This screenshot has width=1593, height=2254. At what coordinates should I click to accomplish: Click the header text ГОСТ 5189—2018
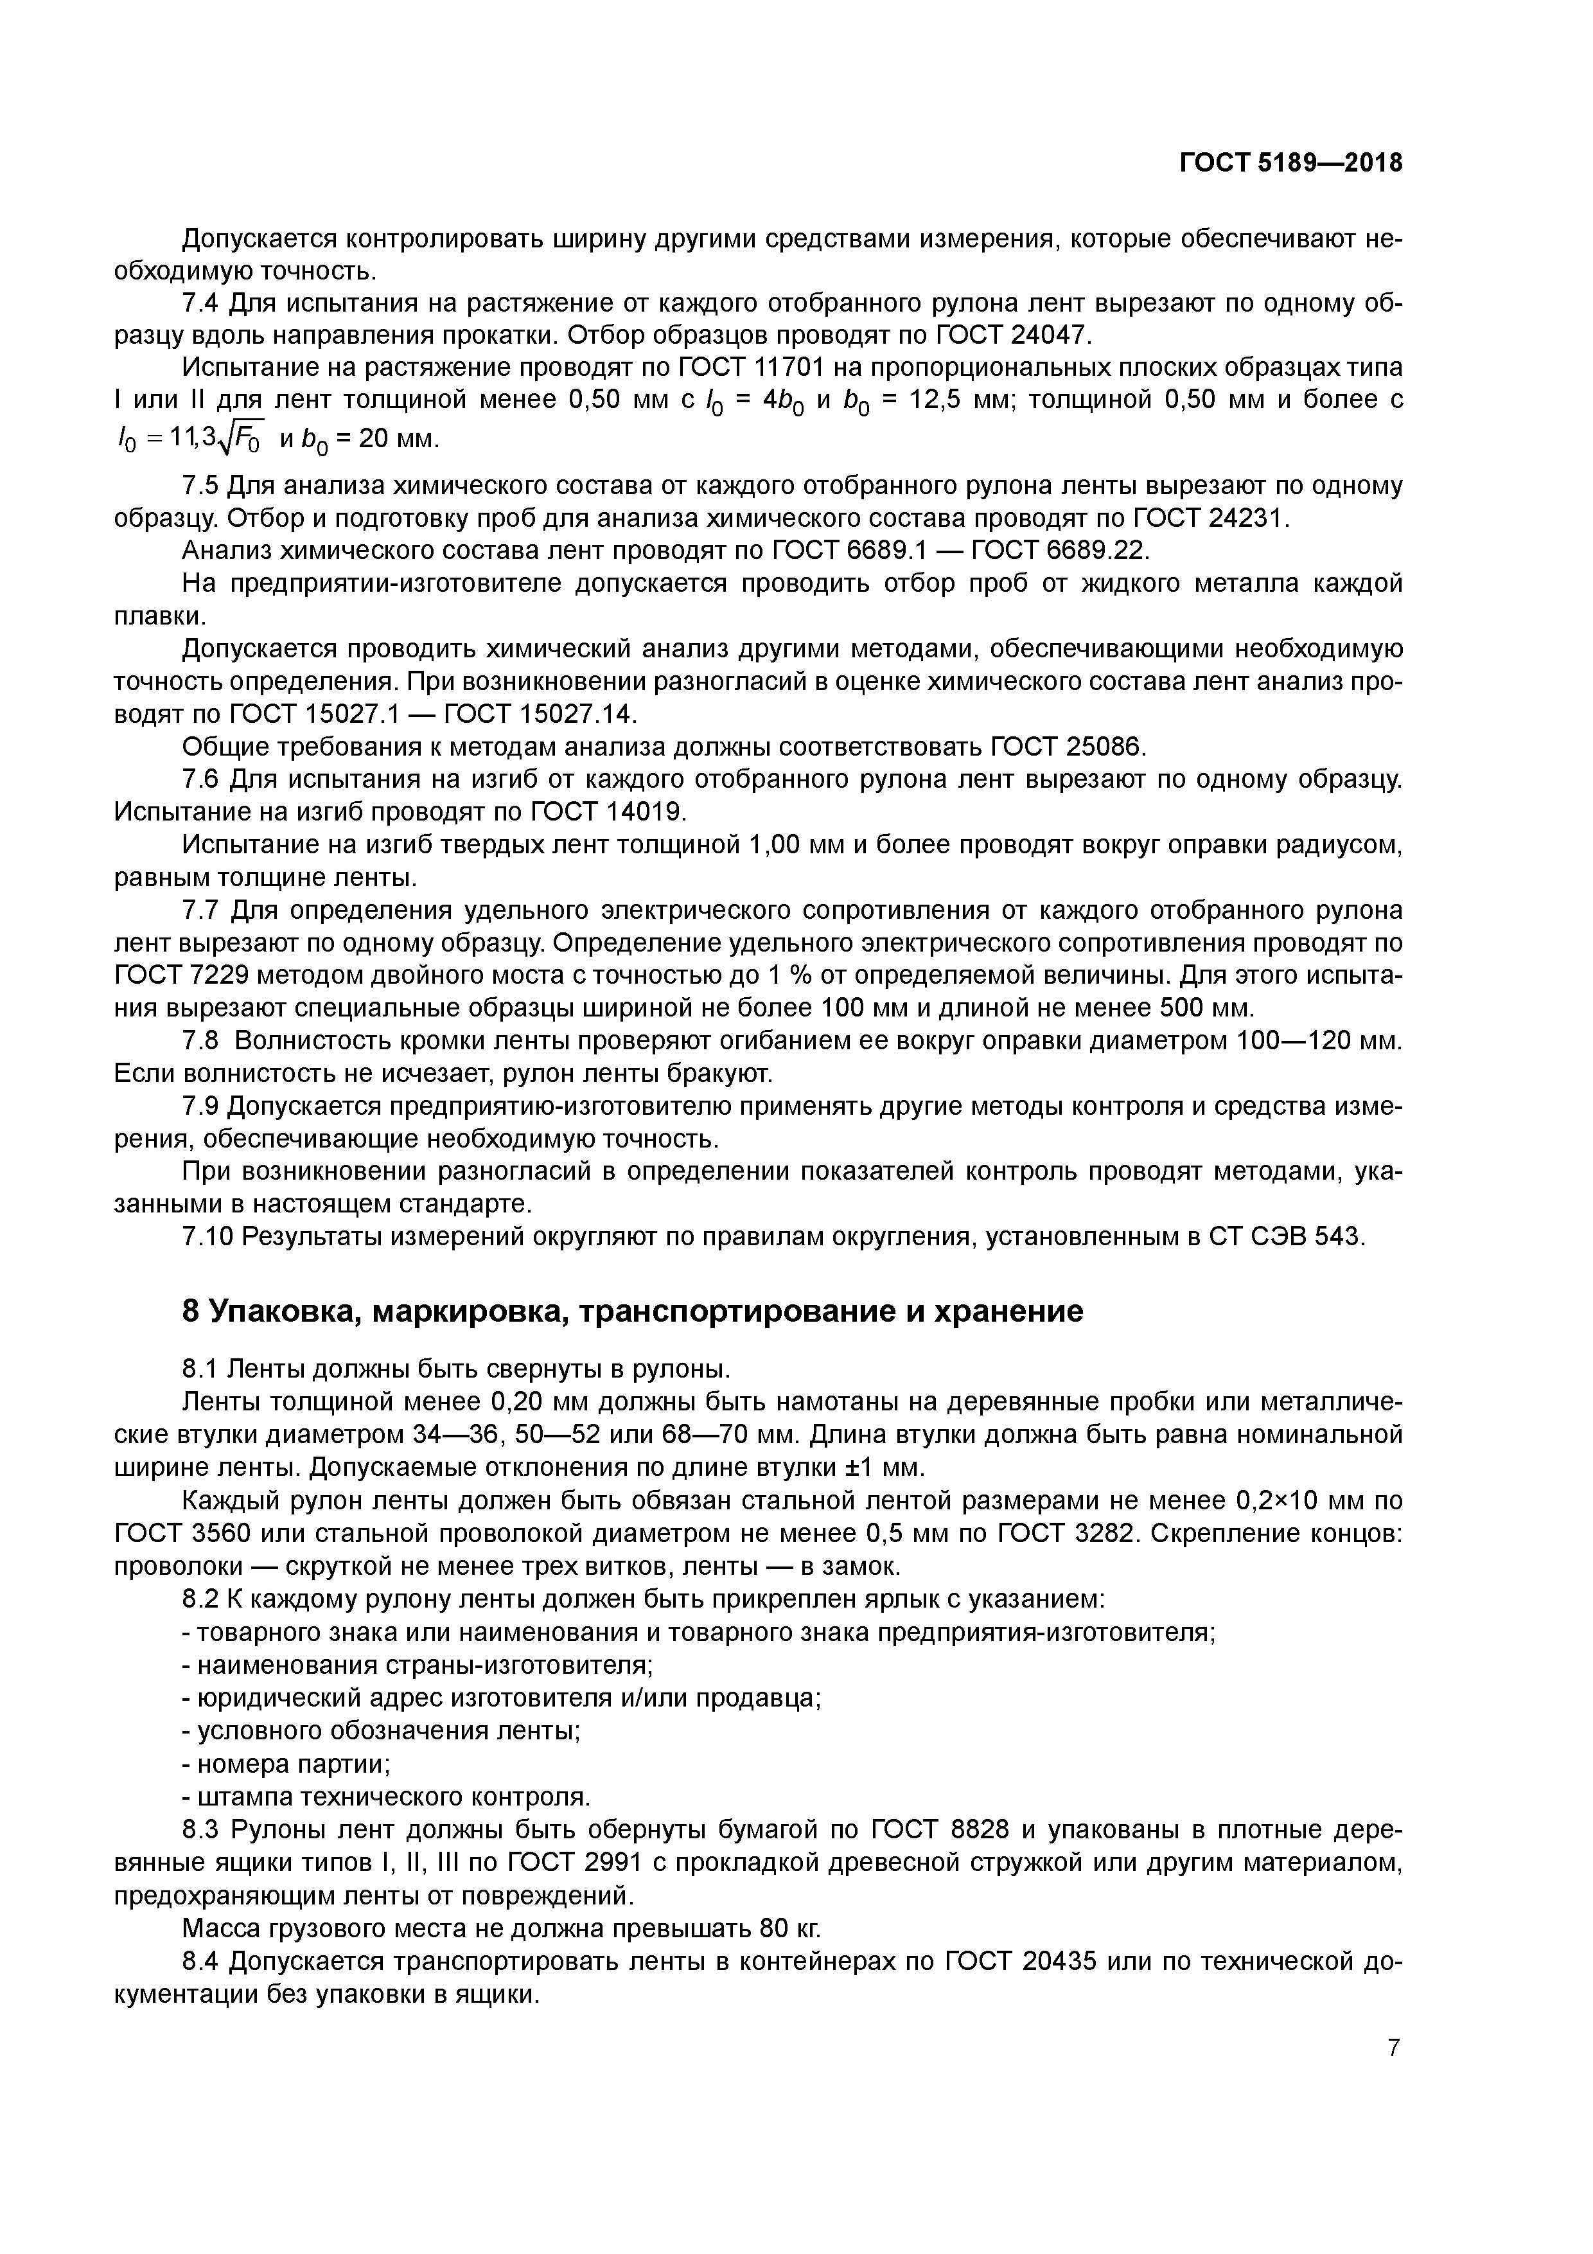[1290, 164]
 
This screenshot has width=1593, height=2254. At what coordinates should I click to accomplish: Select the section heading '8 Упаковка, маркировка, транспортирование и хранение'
[633, 1311]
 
